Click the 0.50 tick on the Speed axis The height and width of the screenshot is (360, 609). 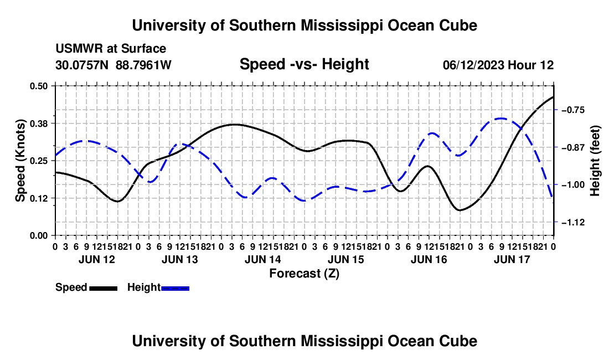coord(38,86)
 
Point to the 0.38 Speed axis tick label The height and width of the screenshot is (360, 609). coord(38,124)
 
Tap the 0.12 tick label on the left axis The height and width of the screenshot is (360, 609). coord(38,198)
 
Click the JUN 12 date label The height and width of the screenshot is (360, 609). coord(97,259)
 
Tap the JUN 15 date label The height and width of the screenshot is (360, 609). coord(345,259)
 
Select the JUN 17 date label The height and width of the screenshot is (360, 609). coord(512,259)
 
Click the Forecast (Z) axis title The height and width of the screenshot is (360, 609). coord(304,274)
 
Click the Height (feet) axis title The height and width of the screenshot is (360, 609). coord(595,161)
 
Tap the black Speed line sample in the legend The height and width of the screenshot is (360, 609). coord(104,289)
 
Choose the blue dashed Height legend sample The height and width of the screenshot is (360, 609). coord(175,289)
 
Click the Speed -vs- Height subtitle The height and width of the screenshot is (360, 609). coord(304,64)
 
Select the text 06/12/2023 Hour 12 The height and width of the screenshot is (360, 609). coord(498,65)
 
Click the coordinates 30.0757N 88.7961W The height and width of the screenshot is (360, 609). coord(113,65)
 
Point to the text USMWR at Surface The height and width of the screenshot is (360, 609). coord(111,49)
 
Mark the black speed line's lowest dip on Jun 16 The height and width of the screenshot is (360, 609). coord(460,210)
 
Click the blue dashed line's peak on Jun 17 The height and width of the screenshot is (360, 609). coord(501,118)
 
